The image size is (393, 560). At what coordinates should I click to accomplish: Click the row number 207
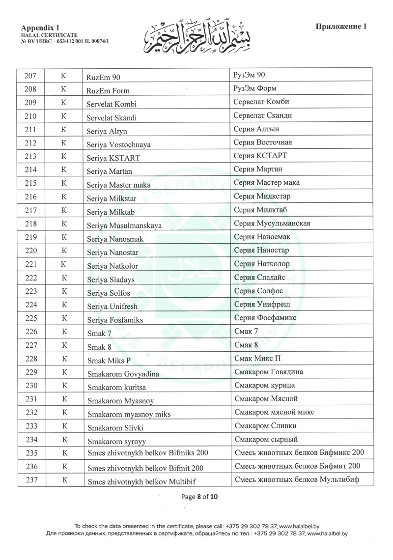(x=30, y=76)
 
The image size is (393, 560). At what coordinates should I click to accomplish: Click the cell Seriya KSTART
(x=113, y=158)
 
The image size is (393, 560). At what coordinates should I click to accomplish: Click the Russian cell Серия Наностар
(x=261, y=251)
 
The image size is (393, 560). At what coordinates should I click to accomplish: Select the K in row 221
(x=63, y=265)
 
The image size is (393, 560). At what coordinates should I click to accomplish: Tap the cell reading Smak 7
(x=96, y=334)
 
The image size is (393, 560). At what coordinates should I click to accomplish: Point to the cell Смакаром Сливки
(x=265, y=425)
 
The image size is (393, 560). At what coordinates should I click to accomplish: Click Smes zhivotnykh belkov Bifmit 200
(x=145, y=468)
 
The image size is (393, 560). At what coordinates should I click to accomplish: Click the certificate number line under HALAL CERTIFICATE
(x=65, y=42)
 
